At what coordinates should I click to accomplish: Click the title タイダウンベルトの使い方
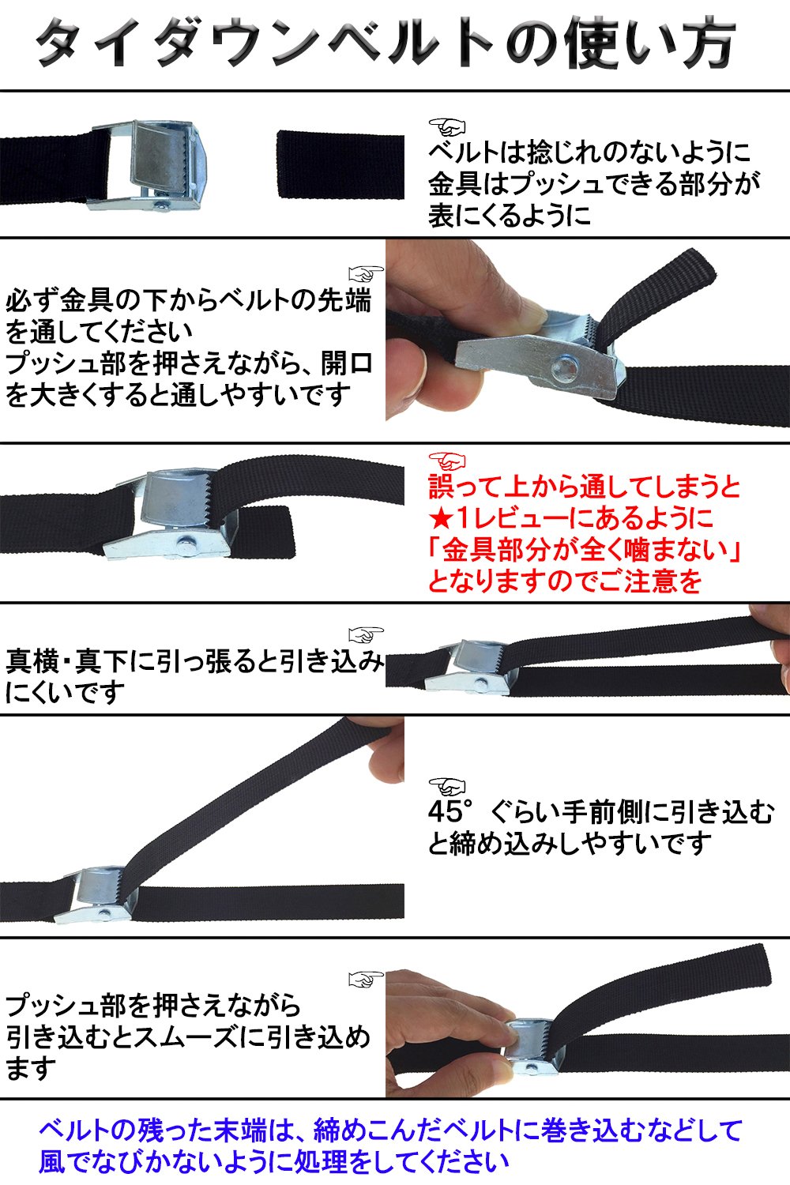coord(386,44)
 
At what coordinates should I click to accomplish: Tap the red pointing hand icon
coord(447,461)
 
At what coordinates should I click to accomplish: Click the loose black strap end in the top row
coord(340,164)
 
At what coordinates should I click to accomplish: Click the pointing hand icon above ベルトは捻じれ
coord(447,126)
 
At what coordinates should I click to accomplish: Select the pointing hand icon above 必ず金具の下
coord(366,273)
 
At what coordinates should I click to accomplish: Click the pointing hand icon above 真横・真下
coord(366,635)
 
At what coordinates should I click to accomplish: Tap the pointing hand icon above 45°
coord(447,787)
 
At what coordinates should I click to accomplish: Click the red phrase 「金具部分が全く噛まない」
coord(584,550)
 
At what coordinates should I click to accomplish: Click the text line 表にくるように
coord(509,216)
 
